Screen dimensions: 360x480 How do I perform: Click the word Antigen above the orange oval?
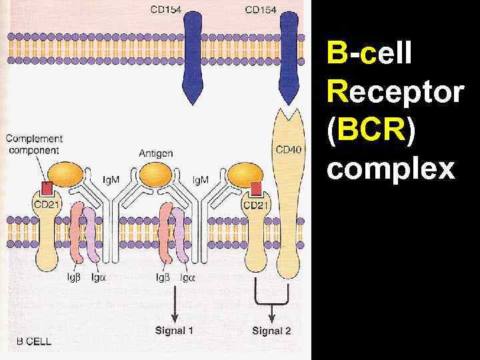[156, 153]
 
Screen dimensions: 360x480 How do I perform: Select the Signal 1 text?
[175, 330]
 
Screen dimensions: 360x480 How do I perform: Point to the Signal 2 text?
[271, 330]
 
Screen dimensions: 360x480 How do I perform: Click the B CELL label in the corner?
[29, 341]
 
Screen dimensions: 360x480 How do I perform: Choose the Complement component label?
[35, 145]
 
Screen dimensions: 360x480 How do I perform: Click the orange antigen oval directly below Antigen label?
[156, 175]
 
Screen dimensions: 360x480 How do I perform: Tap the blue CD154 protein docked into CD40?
[288, 63]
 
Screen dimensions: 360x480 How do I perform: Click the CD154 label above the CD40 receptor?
[261, 9]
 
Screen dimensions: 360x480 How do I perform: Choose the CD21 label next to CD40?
[257, 205]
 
